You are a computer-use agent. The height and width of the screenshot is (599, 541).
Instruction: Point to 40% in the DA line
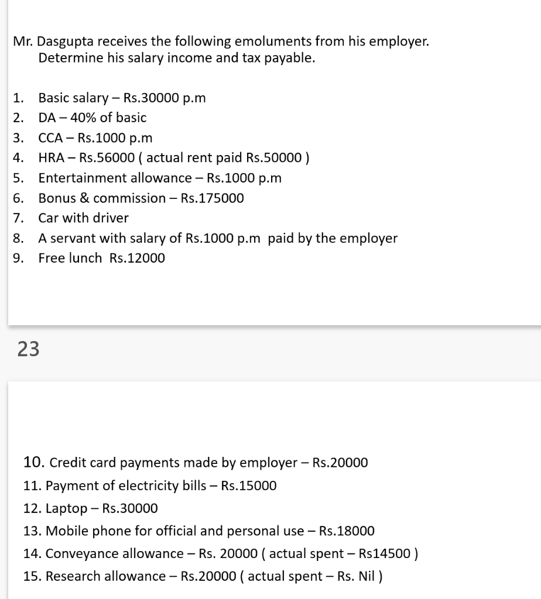tap(82, 118)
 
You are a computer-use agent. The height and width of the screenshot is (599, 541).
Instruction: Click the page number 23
tap(29, 349)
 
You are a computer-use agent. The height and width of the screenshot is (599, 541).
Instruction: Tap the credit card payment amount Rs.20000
tap(340, 463)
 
